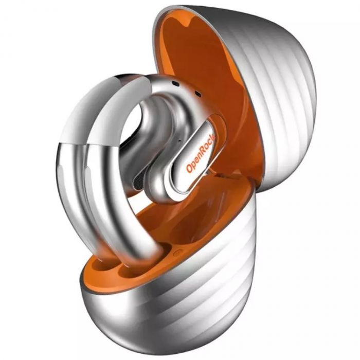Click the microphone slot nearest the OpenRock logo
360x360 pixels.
click(197, 93)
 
